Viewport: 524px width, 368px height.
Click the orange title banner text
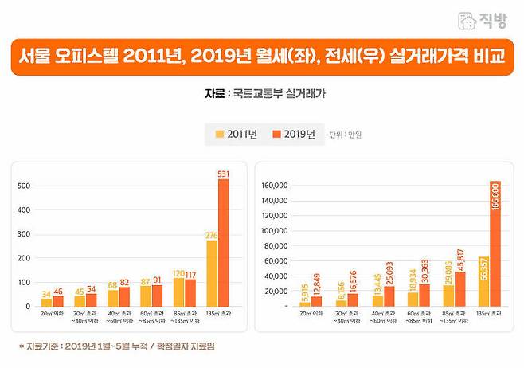click(262, 58)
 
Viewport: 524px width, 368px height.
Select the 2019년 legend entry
click(292, 134)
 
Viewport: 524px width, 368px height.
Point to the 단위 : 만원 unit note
click(346, 135)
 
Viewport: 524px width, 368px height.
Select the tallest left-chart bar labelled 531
click(223, 243)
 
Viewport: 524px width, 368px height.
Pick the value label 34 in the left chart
click(47, 293)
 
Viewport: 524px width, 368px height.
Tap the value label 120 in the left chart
click(178, 272)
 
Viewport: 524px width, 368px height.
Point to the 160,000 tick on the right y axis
click(277, 186)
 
